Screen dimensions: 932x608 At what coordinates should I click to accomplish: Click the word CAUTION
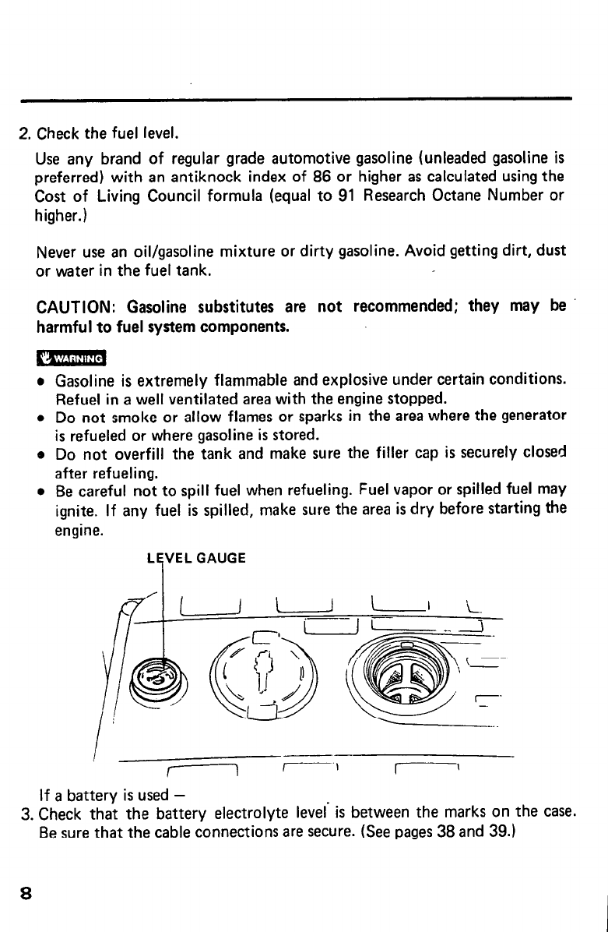click(x=76, y=308)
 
